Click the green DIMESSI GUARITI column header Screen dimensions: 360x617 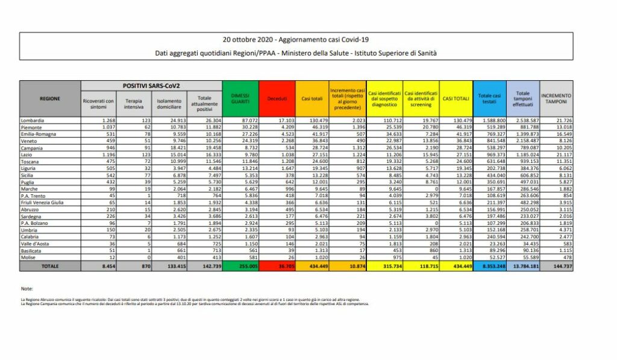(240, 98)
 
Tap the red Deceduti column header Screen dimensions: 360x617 (277, 98)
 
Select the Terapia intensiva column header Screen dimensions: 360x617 (134, 102)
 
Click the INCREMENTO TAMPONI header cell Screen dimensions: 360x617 (556, 98)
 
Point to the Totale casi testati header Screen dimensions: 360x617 (489, 98)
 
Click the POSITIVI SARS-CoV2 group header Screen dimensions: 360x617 (151, 86)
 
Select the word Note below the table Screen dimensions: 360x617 (27, 289)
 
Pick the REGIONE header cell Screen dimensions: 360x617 (49, 98)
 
